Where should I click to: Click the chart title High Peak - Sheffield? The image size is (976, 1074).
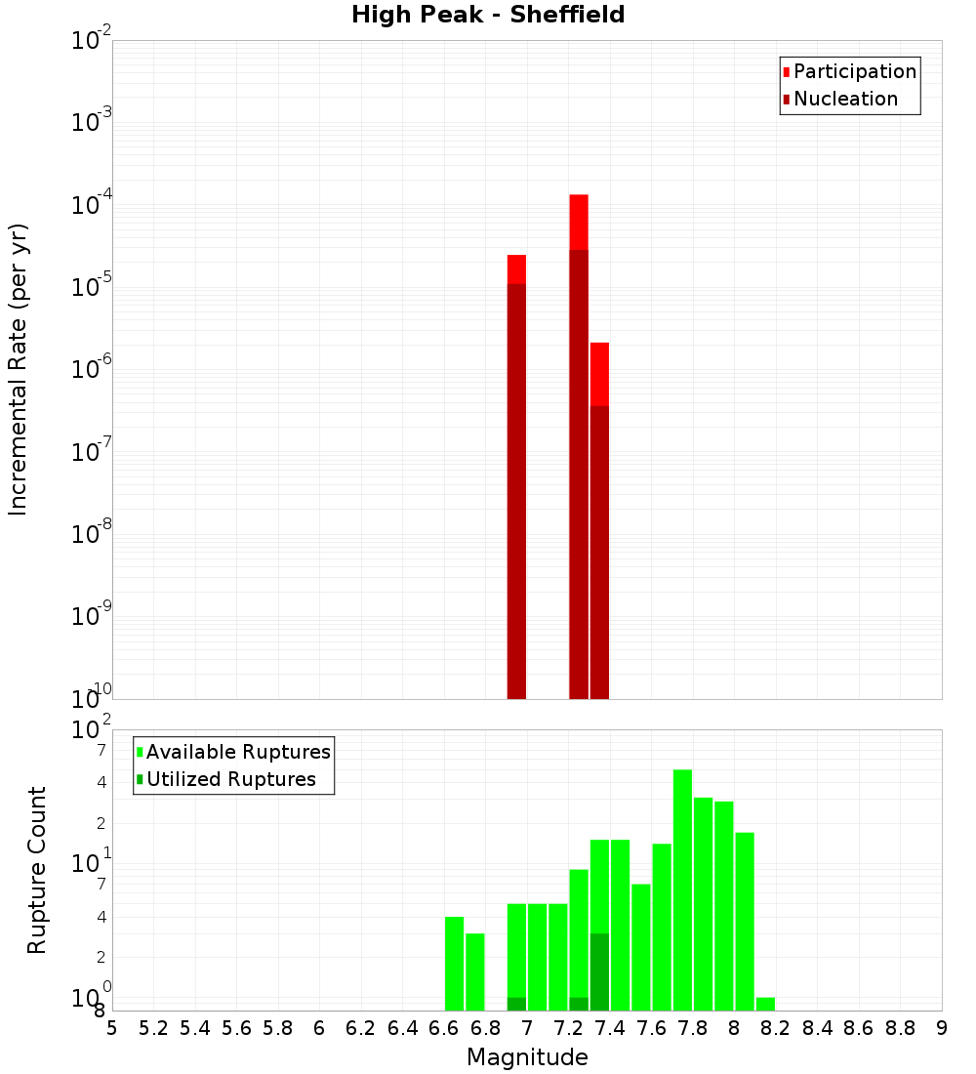coord(488,15)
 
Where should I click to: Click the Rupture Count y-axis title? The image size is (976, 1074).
coord(37,870)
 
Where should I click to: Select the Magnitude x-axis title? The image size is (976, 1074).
coord(527,1057)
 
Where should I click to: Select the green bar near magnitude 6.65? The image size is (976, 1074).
coord(454,963)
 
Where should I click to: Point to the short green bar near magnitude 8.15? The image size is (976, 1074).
coord(765,1004)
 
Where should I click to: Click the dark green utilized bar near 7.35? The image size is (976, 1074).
coord(599,971)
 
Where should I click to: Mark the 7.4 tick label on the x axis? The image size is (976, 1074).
coord(610,1028)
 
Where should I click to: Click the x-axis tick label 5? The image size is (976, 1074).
coord(112,1028)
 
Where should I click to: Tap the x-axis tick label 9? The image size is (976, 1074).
coord(942,1028)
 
